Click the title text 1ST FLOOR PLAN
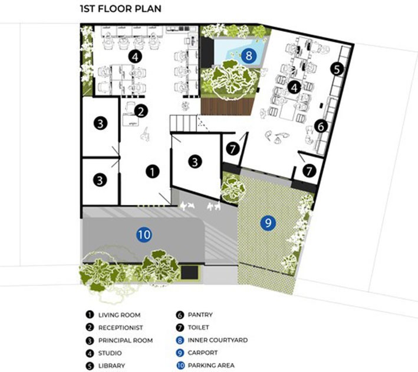click(120, 8)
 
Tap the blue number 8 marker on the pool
click(249, 56)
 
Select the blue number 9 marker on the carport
click(268, 222)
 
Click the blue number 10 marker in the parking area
click(144, 234)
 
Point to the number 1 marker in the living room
click(153, 172)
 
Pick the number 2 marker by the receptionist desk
click(141, 111)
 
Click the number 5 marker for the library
click(337, 69)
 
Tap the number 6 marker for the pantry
click(321, 126)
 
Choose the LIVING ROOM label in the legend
click(120, 315)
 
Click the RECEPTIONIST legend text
click(120, 328)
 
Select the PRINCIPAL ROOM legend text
click(126, 340)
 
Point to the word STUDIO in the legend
click(110, 353)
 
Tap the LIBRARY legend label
click(111, 366)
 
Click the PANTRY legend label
click(200, 315)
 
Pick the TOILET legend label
click(198, 327)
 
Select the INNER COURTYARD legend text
click(218, 340)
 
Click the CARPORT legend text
click(203, 353)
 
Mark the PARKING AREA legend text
click(211, 366)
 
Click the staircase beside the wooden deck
click(184, 123)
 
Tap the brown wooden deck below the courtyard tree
click(226, 107)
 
